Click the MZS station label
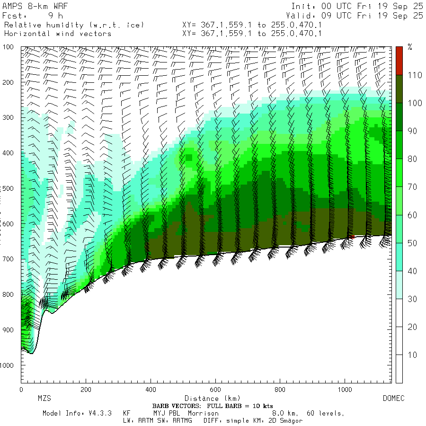(44, 399)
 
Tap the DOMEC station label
(393, 399)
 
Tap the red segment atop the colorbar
(399, 61)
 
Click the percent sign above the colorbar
(410, 47)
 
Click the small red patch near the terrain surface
(351, 236)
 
